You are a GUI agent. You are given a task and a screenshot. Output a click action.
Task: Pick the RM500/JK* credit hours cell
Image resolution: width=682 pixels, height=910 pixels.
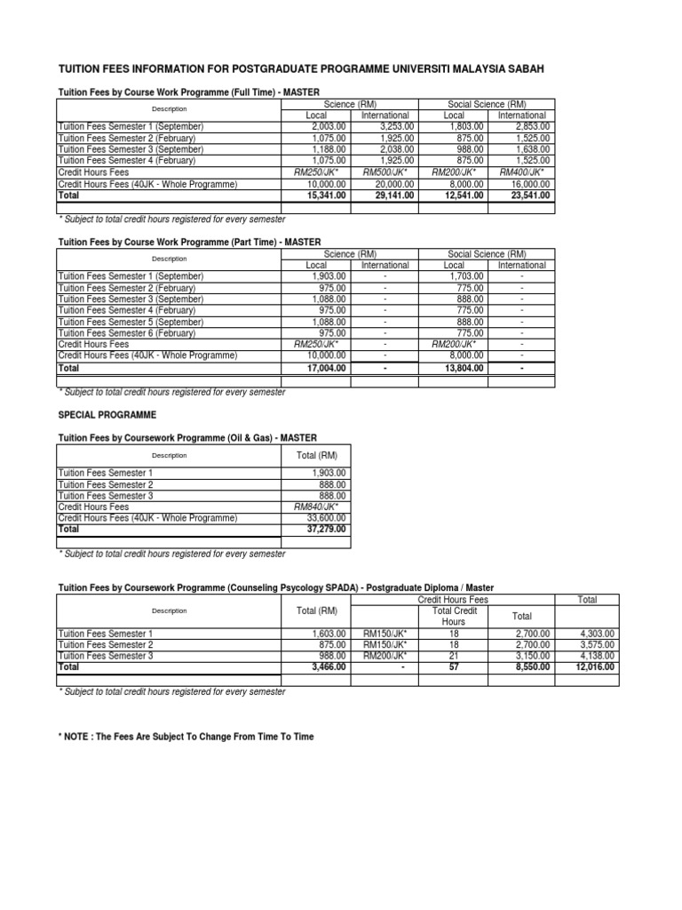386,172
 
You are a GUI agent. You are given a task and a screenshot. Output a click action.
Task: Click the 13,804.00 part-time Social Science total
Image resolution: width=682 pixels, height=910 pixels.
463,367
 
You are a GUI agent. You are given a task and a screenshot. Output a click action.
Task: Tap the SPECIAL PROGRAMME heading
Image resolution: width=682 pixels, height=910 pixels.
107,415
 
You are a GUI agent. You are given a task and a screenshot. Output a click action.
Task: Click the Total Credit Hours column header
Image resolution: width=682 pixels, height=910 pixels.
454,617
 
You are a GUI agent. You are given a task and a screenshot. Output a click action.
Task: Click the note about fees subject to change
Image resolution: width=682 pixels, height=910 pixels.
186,737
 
